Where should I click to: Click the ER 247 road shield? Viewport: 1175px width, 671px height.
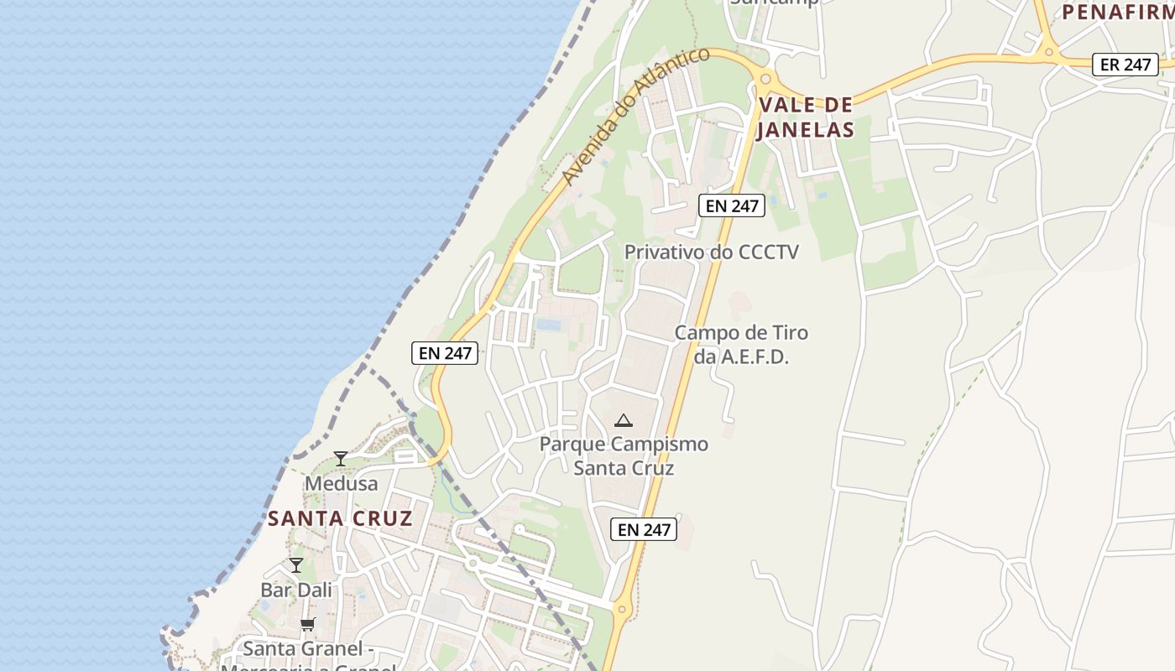click(x=1125, y=64)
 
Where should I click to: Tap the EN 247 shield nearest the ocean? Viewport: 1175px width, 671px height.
click(x=445, y=353)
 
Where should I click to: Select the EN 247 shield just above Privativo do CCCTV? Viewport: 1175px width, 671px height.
click(x=732, y=205)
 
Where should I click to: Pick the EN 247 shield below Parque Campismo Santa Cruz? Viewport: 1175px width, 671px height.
click(x=644, y=529)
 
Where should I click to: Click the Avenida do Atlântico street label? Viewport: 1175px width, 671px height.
click(x=635, y=116)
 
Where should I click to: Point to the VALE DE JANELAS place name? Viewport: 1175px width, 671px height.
click(x=805, y=117)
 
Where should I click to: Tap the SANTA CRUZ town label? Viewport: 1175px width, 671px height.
click(x=340, y=518)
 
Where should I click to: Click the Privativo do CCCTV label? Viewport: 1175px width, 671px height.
click(x=712, y=252)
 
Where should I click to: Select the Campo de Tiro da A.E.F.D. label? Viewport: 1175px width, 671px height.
click(x=741, y=344)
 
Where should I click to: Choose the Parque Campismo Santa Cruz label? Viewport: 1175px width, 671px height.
click(x=624, y=455)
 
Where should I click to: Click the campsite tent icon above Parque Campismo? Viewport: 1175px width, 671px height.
click(x=623, y=420)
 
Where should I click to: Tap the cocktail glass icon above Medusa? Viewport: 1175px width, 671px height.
click(x=341, y=458)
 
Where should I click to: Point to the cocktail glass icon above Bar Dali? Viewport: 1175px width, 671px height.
click(x=296, y=564)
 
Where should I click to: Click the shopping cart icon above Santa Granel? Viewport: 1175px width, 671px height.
click(x=307, y=624)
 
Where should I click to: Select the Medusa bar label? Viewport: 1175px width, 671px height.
click(x=341, y=484)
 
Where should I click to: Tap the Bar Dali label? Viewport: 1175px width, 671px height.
click(x=296, y=590)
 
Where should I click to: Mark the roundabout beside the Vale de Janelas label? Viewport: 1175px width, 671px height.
click(x=764, y=80)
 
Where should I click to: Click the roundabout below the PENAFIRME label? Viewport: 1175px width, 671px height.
click(x=1048, y=53)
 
